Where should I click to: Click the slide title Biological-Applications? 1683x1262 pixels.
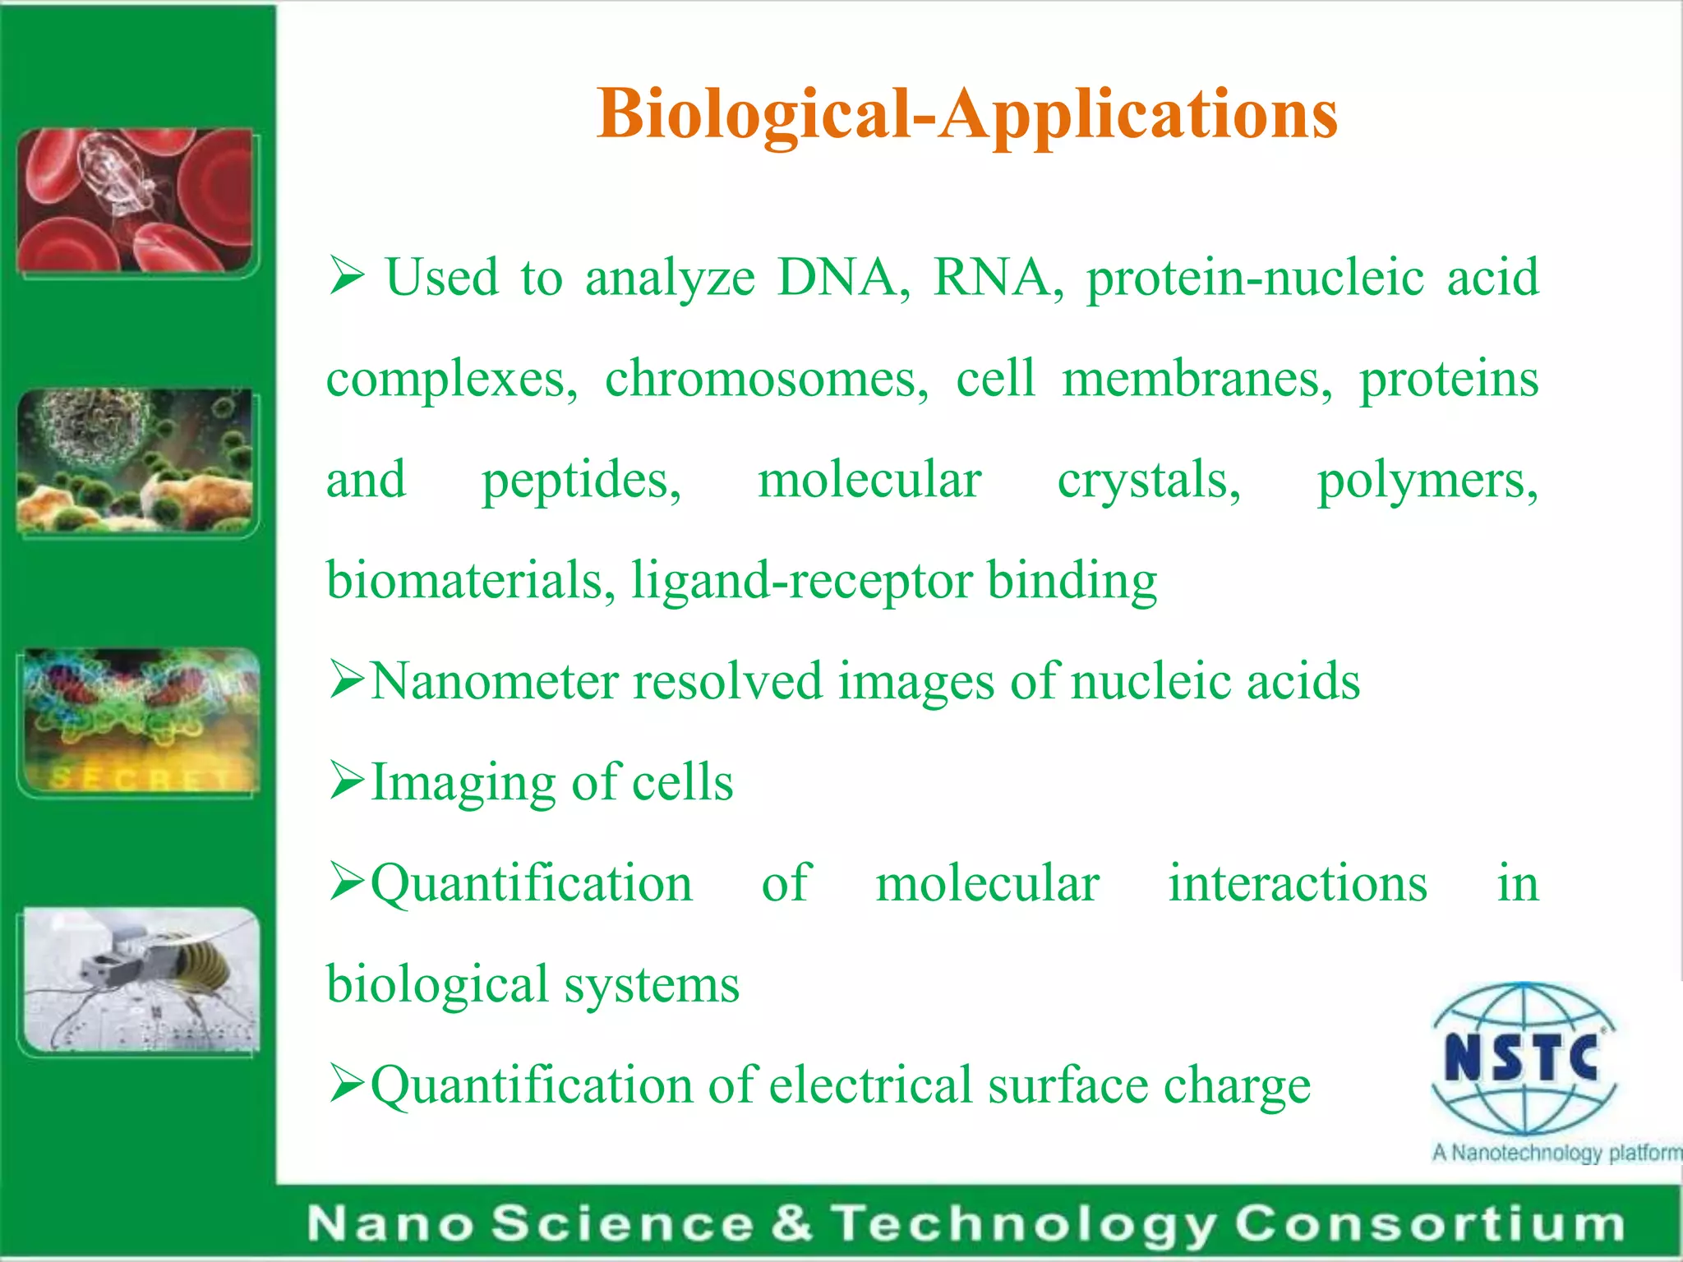(x=967, y=115)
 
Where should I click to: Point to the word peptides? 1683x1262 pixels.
(x=580, y=481)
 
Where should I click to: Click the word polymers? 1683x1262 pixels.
(x=1427, y=481)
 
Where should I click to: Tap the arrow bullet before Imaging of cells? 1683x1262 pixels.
(x=346, y=781)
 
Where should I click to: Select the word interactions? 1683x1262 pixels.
(x=1298, y=884)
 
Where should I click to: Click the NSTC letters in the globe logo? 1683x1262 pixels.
(x=1521, y=1057)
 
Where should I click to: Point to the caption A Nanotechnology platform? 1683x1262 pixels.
(x=1555, y=1153)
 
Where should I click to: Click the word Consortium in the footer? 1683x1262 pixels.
(x=1429, y=1224)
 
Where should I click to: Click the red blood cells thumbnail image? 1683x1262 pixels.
(x=136, y=200)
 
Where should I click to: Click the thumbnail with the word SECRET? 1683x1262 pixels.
(x=141, y=721)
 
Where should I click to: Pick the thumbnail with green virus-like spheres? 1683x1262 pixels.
(x=136, y=460)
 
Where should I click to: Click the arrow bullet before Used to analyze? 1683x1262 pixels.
(x=346, y=276)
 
